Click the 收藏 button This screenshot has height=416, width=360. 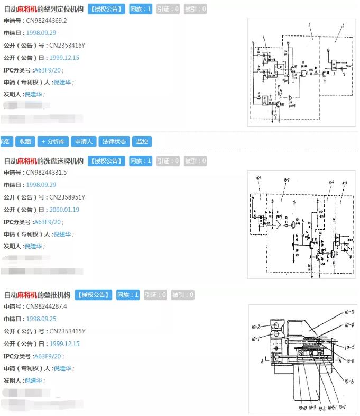point(25,141)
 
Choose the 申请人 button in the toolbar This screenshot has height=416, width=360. point(84,141)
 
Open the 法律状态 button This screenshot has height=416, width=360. point(113,141)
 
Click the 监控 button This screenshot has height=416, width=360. point(142,141)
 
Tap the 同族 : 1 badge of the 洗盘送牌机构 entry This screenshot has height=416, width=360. point(141,161)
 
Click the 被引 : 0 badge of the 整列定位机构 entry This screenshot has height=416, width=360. point(196,9)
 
